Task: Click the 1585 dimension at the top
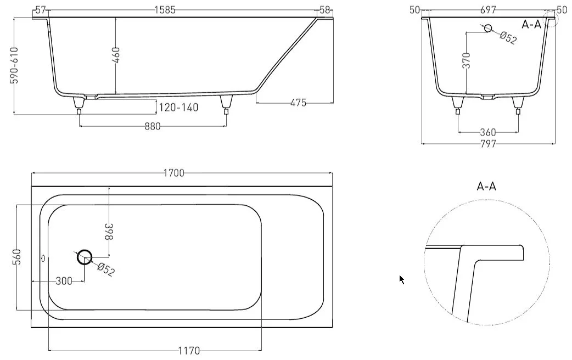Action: (x=165, y=10)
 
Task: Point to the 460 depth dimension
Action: (x=116, y=55)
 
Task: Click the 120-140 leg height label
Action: (x=179, y=107)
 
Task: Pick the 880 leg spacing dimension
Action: (x=153, y=127)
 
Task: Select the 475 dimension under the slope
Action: (x=298, y=103)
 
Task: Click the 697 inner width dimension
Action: (x=488, y=10)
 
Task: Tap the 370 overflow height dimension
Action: (x=466, y=60)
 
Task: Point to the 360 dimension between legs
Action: (x=488, y=132)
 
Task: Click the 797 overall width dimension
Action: (x=488, y=144)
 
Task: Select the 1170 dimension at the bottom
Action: (x=189, y=351)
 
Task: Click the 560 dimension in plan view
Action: (x=17, y=257)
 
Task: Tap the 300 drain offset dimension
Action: (x=64, y=281)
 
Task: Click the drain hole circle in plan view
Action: (x=85, y=250)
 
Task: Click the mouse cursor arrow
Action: (x=402, y=280)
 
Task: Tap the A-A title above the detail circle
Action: (x=486, y=187)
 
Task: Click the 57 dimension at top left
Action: (x=41, y=10)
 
